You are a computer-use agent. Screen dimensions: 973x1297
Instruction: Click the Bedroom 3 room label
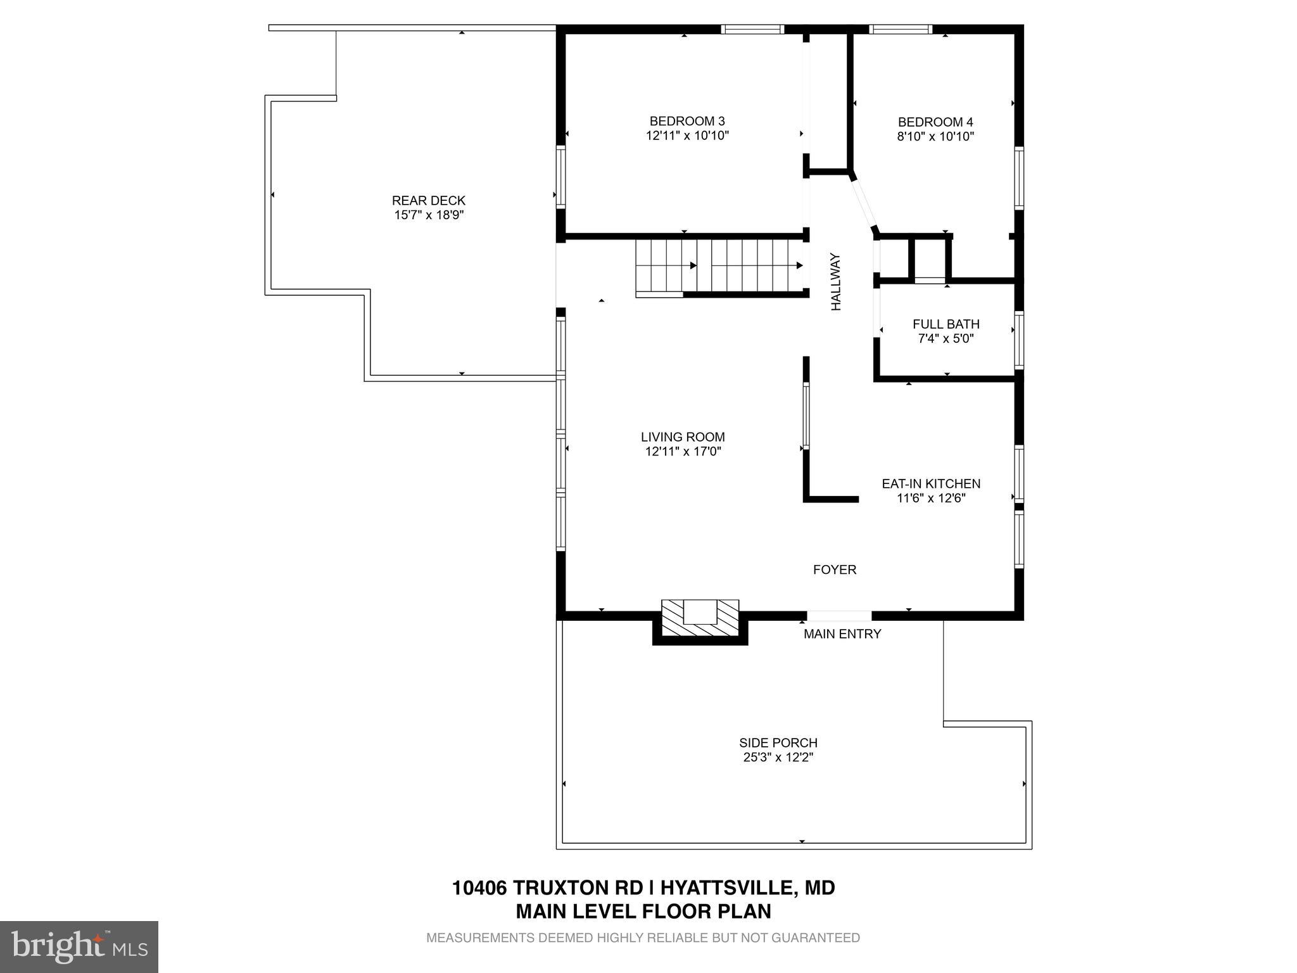tap(687, 121)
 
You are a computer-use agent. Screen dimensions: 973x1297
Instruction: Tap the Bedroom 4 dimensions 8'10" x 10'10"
tap(935, 136)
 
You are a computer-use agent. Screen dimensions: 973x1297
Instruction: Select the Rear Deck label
tap(429, 201)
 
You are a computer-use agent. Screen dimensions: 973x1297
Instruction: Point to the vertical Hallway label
tap(836, 282)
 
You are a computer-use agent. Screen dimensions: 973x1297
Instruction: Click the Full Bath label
tap(946, 324)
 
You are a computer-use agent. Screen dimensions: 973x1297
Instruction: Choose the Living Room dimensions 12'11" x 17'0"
tap(683, 452)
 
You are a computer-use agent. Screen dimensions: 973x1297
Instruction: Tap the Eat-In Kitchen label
tap(931, 484)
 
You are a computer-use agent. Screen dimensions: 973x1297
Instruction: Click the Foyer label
tap(835, 570)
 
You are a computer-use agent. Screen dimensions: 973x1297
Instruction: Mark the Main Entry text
tap(842, 634)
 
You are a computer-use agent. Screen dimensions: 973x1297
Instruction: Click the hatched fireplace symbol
tap(700, 619)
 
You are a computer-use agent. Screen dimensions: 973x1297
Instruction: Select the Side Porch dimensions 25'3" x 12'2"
tap(778, 758)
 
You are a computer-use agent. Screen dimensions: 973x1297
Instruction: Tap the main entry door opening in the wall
tap(839, 616)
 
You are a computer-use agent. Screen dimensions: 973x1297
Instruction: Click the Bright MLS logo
tap(79, 946)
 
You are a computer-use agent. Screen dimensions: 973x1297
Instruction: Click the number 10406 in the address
tap(479, 887)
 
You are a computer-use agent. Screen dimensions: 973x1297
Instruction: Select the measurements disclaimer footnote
tap(643, 938)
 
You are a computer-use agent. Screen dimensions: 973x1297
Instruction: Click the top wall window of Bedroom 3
tap(752, 29)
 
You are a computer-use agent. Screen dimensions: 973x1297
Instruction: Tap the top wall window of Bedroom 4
tap(901, 29)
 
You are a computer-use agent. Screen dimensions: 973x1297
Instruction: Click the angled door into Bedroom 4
tap(863, 203)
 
